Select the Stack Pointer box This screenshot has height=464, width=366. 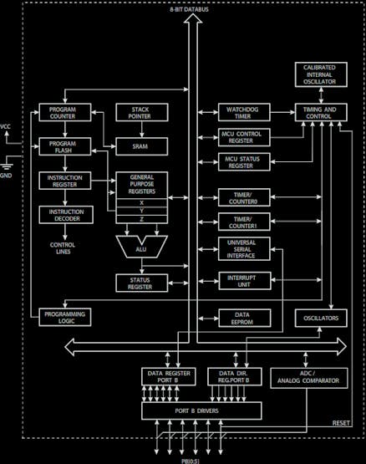pos(135,114)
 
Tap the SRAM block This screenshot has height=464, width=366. pos(135,146)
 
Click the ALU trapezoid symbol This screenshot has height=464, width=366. pos(143,246)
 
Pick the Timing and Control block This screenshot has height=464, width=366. pos(318,114)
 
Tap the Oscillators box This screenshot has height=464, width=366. pos(318,317)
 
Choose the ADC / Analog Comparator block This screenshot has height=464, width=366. pos(308,377)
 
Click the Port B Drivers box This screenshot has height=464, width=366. pos(201,410)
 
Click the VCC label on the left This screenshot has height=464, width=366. pos(6,126)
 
